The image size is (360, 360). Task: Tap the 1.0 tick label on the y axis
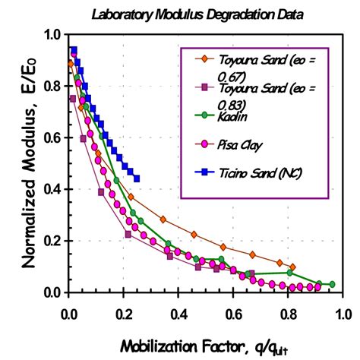pyautogui.click(x=52, y=34)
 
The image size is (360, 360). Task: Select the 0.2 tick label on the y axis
pyautogui.click(x=52, y=241)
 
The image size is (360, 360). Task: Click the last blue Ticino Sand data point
pyautogui.click(x=136, y=179)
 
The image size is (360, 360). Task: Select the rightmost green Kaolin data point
pyautogui.click(x=332, y=284)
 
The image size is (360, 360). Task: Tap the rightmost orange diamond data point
pyautogui.click(x=293, y=267)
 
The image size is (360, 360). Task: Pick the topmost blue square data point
pyautogui.click(x=74, y=50)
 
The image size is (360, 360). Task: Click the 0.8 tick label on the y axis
pyautogui.click(x=52, y=86)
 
